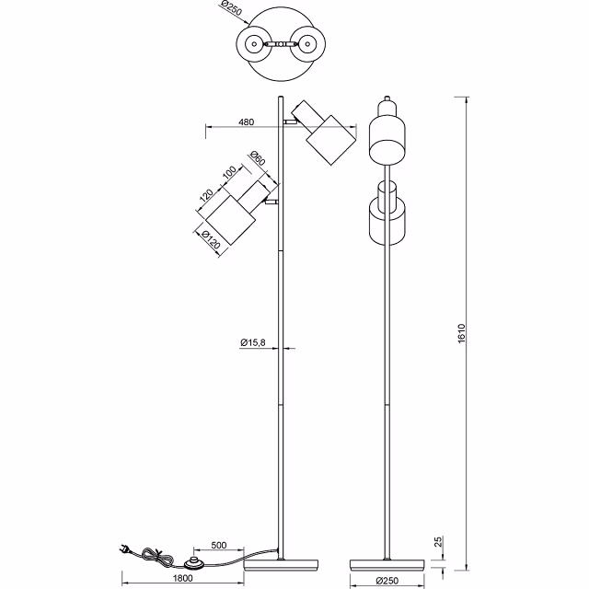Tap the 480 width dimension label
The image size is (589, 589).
point(246,121)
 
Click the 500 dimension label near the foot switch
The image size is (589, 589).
point(219,545)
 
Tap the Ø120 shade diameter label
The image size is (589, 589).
point(211,242)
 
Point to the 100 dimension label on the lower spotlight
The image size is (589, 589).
point(229,173)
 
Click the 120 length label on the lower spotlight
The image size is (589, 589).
point(206,196)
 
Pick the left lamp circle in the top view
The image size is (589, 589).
point(251,43)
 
